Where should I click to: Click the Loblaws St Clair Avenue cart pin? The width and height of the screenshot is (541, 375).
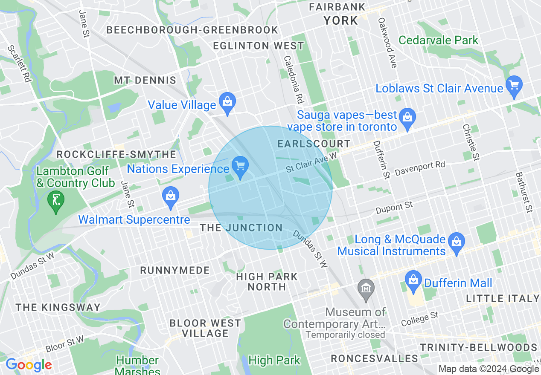[514, 85]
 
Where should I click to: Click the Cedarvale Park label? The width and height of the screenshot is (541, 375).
[439, 40]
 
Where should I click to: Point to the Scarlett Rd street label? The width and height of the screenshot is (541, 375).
[20, 64]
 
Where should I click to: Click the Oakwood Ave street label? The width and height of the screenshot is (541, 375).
[388, 43]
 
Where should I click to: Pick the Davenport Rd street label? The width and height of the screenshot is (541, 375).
[420, 169]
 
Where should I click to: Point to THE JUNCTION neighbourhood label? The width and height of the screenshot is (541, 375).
[241, 228]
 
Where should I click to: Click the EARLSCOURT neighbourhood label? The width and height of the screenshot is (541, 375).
[314, 144]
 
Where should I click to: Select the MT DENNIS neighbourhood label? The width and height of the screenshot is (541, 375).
[145, 80]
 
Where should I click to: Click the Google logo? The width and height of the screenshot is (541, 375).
[28, 365]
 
